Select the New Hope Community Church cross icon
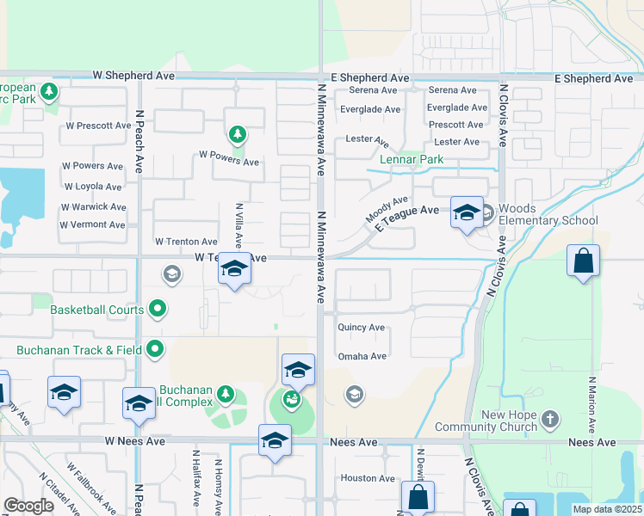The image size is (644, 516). (549, 420)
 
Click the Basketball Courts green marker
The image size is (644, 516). (158, 307)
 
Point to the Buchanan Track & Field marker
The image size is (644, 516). (155, 349)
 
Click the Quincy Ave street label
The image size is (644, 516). (362, 328)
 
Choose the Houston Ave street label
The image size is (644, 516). (368, 478)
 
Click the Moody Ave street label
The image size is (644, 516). (387, 211)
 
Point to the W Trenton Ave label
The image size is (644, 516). (186, 242)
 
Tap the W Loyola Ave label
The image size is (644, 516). (93, 187)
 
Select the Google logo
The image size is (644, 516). (29, 506)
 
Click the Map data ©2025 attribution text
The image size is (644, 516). (606, 509)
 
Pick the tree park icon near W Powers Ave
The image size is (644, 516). (238, 134)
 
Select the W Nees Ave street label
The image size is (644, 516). (134, 441)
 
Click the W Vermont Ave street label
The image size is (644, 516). (92, 225)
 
